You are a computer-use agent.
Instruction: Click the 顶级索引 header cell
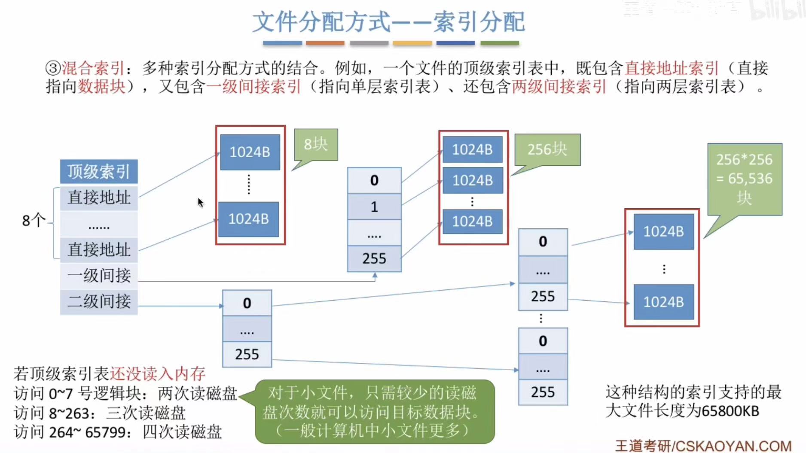click(99, 172)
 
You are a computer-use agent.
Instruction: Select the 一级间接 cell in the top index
click(99, 275)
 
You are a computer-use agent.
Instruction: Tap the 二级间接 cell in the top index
click(99, 301)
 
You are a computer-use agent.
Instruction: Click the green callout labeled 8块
click(316, 145)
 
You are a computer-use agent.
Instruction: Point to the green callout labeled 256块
click(547, 149)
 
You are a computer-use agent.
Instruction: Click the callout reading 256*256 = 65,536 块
click(745, 179)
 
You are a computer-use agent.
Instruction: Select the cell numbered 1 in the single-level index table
click(374, 207)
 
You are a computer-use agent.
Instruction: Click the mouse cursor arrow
click(200, 202)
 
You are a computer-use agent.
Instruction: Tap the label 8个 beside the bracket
click(34, 221)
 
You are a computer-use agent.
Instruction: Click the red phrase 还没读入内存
click(158, 374)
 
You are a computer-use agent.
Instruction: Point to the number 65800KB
click(730, 411)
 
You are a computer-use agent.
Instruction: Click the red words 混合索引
click(93, 68)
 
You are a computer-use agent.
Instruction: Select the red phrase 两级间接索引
click(559, 87)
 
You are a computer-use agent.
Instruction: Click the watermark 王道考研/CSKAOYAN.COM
click(703, 446)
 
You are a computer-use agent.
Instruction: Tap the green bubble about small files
click(375, 411)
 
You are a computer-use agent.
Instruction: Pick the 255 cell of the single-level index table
click(374, 258)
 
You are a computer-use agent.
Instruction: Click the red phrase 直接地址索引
click(672, 68)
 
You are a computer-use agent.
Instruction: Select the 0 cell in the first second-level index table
click(247, 303)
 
